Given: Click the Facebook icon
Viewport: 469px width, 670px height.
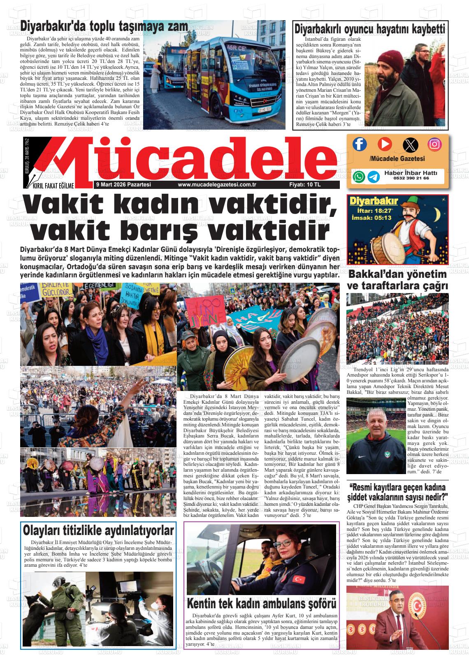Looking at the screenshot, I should click(360, 144).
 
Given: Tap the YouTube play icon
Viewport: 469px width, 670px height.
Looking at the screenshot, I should click(385, 144).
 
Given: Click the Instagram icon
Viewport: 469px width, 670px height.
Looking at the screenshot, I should click(434, 144).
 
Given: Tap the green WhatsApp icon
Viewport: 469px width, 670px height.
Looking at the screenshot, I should click(359, 177).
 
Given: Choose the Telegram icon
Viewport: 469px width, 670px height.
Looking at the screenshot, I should click(374, 177).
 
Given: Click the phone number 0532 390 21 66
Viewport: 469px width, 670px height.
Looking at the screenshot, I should click(411, 178).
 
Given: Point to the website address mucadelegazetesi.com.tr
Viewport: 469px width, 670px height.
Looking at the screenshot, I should click(217, 185).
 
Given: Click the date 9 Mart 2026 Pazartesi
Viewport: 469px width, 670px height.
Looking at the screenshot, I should click(123, 185).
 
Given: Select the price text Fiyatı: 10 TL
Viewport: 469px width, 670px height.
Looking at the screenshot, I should click(305, 185).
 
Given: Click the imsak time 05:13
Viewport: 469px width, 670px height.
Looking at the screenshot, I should click(383, 217).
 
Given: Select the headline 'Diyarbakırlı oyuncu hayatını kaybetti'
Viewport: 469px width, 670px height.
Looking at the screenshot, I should click(369, 29).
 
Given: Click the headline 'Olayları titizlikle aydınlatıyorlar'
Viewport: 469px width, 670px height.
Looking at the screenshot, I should click(98, 530).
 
